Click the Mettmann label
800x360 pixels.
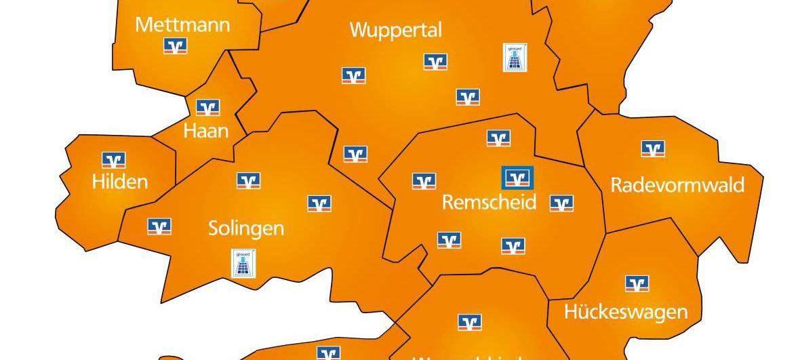coord(182,25)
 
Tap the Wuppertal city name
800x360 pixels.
coord(396,30)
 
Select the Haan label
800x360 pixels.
coord(206,130)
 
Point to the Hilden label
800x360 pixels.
coord(120,182)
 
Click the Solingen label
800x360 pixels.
coord(246,228)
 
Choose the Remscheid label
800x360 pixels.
coord(489,202)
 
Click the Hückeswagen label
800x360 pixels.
coord(626,312)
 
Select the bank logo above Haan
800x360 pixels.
coord(207,107)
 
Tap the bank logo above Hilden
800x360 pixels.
coord(114,160)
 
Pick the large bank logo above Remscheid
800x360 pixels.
coord(517,178)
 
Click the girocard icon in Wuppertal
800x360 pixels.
coord(516,58)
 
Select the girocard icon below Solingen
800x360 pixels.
coord(244,263)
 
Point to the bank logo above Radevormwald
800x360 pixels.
coord(653,148)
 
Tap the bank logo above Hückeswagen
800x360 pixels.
coord(637,283)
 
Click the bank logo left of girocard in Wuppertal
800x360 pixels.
coord(435,62)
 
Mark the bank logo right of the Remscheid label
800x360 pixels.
coord(561,203)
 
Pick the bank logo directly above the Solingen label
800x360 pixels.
coord(248,180)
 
